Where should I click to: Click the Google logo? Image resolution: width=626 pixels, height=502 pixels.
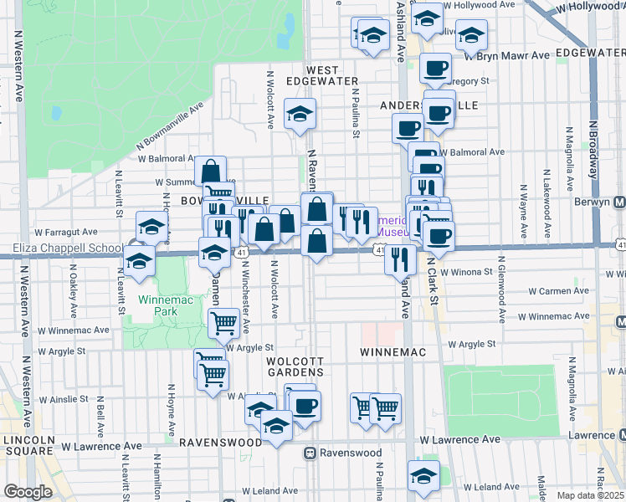pyautogui.click(x=28, y=492)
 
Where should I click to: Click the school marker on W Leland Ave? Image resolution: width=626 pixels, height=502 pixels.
pyautogui.click(x=424, y=476)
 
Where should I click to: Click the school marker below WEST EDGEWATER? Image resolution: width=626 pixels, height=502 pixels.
pyautogui.click(x=300, y=115)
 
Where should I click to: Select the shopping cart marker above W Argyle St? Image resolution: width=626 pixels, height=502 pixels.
pyautogui.click(x=223, y=321)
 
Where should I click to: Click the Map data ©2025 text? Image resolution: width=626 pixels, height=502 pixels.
pyautogui.click(x=590, y=495)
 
